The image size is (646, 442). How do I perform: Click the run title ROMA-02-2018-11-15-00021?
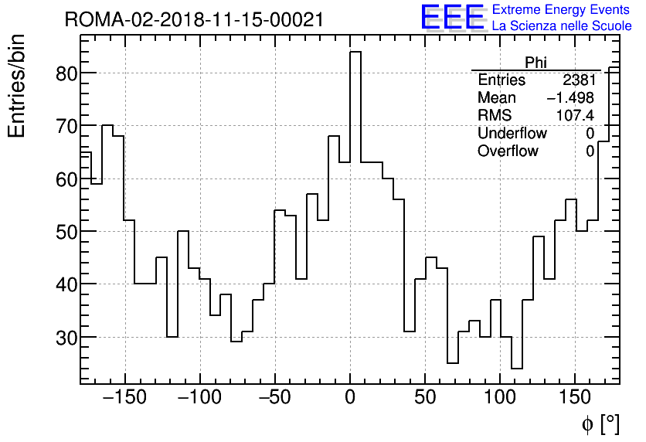[194, 19]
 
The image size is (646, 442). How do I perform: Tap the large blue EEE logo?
[452, 17]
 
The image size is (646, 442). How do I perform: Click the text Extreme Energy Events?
[561, 10]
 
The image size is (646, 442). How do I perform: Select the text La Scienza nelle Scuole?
[561, 26]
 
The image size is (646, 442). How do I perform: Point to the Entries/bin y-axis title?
[17, 86]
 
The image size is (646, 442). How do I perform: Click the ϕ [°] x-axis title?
[600, 423]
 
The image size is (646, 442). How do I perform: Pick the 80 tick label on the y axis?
[64, 73]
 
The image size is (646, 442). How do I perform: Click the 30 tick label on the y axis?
[64, 337]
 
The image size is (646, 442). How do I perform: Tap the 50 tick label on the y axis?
[64, 232]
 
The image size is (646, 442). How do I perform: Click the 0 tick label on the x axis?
[350, 398]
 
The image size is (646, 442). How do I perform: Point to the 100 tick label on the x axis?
[500, 398]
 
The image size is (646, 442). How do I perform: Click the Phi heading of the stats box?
[535, 63]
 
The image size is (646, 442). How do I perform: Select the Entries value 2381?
[579, 80]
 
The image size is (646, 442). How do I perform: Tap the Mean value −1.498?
[570, 98]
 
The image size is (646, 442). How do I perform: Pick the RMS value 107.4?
[576, 116]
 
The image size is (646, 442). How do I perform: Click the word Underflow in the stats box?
[512, 134]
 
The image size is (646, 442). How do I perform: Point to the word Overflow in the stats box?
[508, 151]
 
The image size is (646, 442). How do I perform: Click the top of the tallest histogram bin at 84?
[355, 52]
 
